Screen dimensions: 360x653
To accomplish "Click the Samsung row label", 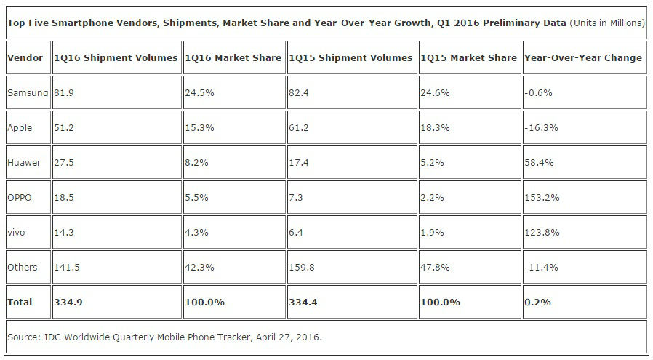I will [28, 92].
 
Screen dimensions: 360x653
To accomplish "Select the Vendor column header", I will [25, 57].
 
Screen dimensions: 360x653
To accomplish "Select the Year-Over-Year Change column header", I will [584, 57].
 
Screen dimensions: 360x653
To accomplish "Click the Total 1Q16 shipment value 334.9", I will [67, 302].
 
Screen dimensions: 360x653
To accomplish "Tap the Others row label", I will [23, 267].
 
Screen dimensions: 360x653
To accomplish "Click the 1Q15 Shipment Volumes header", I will [351, 57].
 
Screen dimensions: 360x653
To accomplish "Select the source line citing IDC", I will [164, 337].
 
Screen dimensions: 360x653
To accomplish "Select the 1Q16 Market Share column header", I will [233, 57].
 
